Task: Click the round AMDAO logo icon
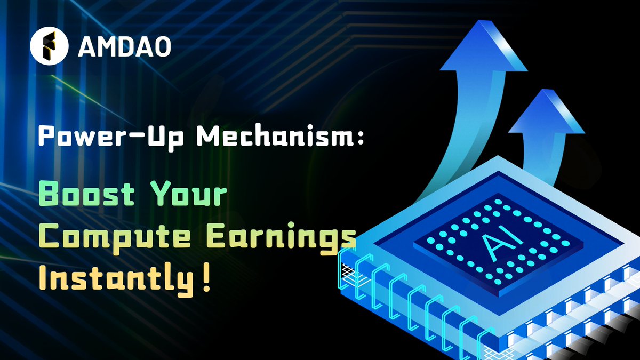coord(49,46)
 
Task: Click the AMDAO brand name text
coord(124,46)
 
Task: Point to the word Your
coord(189,196)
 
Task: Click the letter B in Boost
coord(52,196)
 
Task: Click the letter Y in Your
coord(159,196)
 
